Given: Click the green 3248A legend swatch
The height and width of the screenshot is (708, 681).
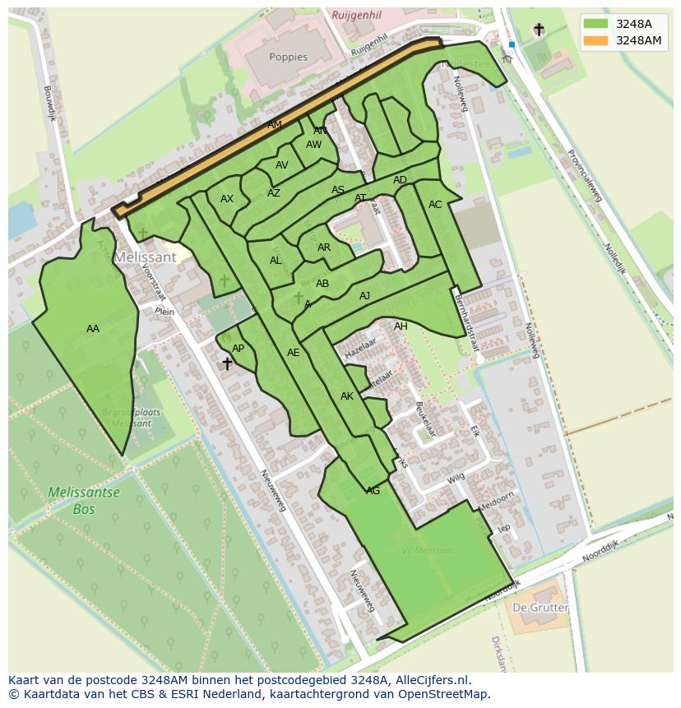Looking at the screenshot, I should (x=596, y=24).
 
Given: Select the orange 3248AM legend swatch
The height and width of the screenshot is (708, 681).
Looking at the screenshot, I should (x=596, y=40).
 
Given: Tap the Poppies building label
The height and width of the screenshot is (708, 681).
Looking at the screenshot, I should (x=288, y=58).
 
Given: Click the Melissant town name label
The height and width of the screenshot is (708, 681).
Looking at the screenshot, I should (x=146, y=257).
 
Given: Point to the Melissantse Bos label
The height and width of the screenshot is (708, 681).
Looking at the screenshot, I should (x=83, y=501).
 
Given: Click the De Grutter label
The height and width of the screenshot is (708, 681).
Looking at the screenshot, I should (x=540, y=608).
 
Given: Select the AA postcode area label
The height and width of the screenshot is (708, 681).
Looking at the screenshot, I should (x=93, y=329).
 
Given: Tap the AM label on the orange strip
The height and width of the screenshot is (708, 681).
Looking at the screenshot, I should (x=275, y=125).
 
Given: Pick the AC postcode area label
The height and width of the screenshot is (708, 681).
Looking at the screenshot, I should (x=435, y=205).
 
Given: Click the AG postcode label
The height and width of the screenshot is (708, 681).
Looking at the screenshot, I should (x=373, y=491).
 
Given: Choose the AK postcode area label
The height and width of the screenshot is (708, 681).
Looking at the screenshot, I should (x=346, y=396).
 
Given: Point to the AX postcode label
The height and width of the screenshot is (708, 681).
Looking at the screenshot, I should (x=227, y=199).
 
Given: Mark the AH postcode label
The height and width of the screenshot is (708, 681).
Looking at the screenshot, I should (x=401, y=326).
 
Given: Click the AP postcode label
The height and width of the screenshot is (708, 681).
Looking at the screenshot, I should (x=238, y=349).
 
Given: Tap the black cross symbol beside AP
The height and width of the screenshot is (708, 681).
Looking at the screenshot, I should (x=227, y=363).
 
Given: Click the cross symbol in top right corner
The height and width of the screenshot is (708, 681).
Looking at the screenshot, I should (x=539, y=30).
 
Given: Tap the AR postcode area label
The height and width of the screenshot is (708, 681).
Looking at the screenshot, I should (x=324, y=248).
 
